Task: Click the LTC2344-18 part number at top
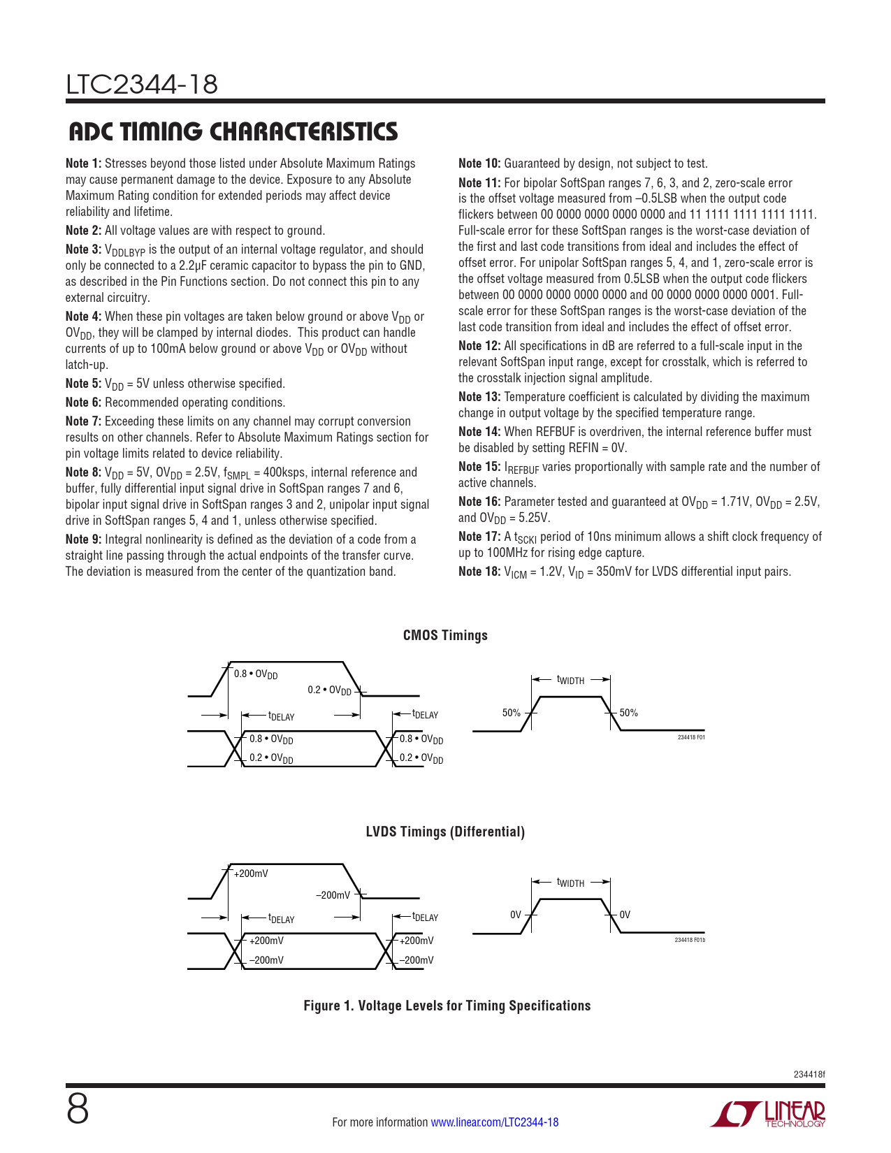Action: click(142, 85)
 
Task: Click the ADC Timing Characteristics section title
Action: click(233, 132)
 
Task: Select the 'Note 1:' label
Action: click(83, 164)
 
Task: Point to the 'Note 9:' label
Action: click(83, 539)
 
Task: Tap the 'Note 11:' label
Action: click(479, 183)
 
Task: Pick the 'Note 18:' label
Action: click(479, 572)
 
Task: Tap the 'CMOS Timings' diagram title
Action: click(445, 635)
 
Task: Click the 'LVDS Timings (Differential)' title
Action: click(445, 832)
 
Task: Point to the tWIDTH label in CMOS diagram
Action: click(570, 680)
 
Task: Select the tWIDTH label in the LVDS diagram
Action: click(570, 883)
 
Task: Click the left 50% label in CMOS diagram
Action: click(512, 713)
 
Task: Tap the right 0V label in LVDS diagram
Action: click(625, 915)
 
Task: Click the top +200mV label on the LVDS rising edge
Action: click(250, 873)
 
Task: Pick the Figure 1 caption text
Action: click(447, 1006)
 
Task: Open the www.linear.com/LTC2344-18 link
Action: click(494, 1122)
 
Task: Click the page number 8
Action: click(78, 1109)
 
